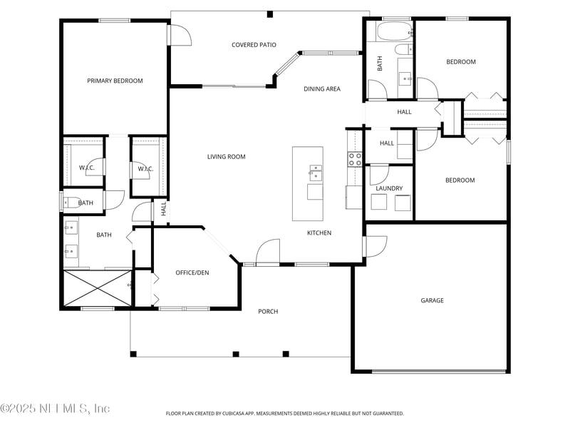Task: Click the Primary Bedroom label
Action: pyautogui.click(x=115, y=81)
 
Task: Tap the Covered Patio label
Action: pyautogui.click(x=254, y=45)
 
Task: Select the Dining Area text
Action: pyautogui.click(x=322, y=88)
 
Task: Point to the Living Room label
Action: pyautogui.click(x=226, y=157)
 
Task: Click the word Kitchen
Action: pyautogui.click(x=319, y=233)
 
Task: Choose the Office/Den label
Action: pyautogui.click(x=192, y=272)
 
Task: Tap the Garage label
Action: pyautogui.click(x=432, y=300)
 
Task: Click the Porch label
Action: pyautogui.click(x=268, y=312)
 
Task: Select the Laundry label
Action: pyautogui.click(x=389, y=188)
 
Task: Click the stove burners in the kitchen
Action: pyautogui.click(x=355, y=159)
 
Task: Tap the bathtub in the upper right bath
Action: pyautogui.click(x=394, y=31)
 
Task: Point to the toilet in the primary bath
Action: pyautogui.click(x=72, y=203)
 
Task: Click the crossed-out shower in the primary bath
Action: pyautogui.click(x=98, y=288)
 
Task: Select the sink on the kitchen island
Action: pyautogui.click(x=316, y=173)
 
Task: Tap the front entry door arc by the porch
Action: pyautogui.click(x=268, y=251)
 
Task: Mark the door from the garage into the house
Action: pyautogui.click(x=376, y=247)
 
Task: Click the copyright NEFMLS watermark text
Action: pyautogui.click(x=55, y=408)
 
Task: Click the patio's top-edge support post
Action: pyautogui.click(x=270, y=14)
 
